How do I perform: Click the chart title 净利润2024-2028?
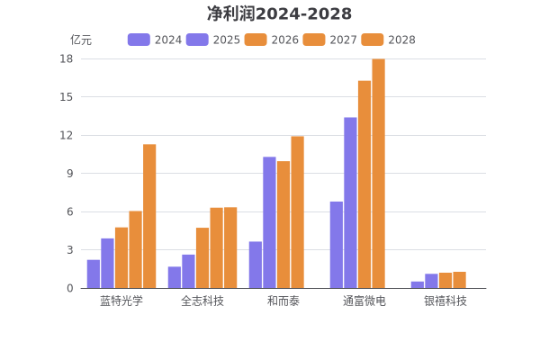279,13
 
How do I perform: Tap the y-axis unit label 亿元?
81,40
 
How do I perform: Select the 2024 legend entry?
155,40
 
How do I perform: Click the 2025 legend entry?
213,40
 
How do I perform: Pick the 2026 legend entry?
272,40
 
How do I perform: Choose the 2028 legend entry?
389,40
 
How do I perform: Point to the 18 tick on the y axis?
67,58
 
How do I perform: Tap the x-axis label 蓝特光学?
121,301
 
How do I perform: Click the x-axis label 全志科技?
202,301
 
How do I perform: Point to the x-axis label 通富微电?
364,301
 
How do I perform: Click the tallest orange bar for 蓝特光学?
149,216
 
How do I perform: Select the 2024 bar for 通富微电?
336,245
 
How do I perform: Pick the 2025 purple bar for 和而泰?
269,222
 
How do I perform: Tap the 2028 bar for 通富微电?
378,174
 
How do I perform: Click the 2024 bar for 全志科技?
174,277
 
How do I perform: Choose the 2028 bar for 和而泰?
297,212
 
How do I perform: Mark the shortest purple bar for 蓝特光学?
93,274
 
